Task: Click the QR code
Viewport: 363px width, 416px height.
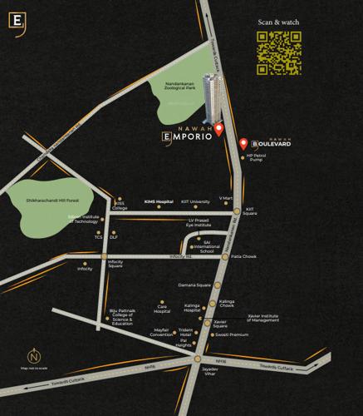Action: tap(277, 54)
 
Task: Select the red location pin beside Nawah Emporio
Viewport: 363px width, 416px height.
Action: tap(218, 129)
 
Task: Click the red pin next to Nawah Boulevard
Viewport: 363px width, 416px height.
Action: tap(243, 143)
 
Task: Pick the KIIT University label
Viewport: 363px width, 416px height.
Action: tap(194, 201)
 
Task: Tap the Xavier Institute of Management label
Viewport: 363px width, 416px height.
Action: tap(267, 318)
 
